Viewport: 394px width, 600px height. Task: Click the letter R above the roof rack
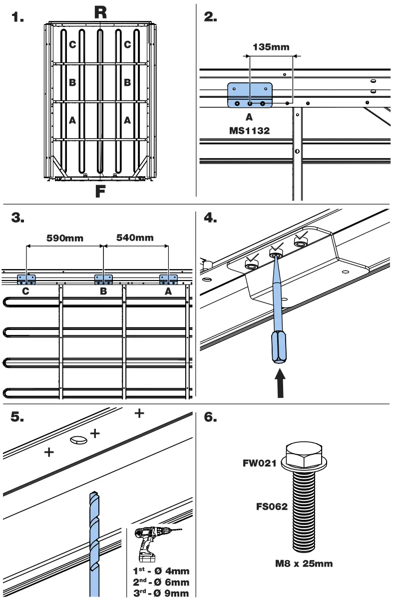pos(100,12)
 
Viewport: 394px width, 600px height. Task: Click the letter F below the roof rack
pos(100,191)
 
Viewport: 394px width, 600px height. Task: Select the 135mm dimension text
pos(271,47)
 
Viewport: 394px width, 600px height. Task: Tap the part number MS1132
pos(250,131)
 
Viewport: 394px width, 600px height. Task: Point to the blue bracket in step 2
pos(250,95)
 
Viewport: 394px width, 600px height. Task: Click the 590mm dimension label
pos(65,238)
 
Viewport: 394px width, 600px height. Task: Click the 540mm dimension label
pos(135,238)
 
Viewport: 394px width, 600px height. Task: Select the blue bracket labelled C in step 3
pos(26,280)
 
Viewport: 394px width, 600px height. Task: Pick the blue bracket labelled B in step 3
pos(103,280)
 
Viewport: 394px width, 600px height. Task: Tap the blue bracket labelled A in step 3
pos(168,280)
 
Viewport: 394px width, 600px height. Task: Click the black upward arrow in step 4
pos(280,383)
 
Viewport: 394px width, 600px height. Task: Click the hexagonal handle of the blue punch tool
pos(279,347)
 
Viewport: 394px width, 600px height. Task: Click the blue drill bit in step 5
pos(94,544)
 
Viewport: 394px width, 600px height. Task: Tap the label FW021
pos(260,463)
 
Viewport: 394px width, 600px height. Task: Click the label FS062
pos(272,507)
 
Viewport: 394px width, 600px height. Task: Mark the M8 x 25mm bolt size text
pos(304,563)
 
